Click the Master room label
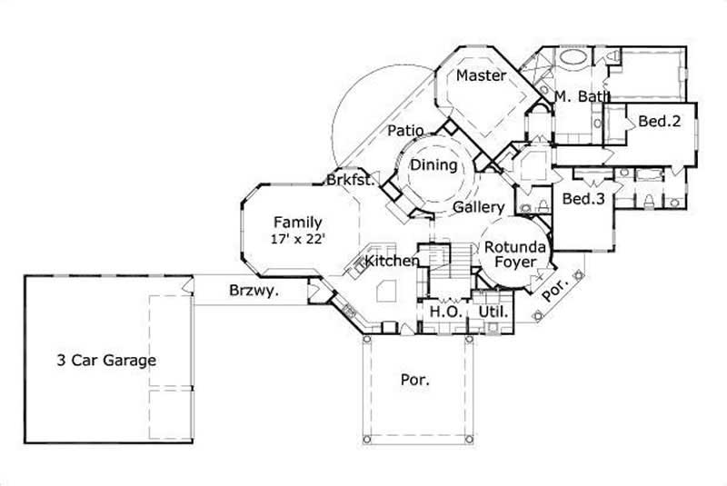pos(480,76)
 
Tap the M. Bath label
pos(581,96)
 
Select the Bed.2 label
pos(659,121)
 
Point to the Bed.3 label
pos(583,199)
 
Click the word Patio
pos(405,131)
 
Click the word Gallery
pos(478,208)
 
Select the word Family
pos(297,222)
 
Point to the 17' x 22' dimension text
pos(297,239)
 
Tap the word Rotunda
pos(514,247)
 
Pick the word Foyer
pos(514,263)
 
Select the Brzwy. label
pos(253,292)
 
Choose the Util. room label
pos(494,312)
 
